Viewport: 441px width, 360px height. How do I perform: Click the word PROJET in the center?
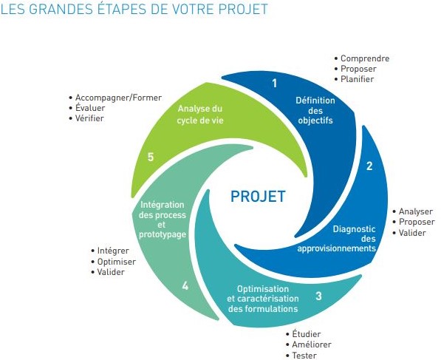[x=258, y=196]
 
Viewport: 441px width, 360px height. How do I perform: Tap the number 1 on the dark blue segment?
[x=275, y=84]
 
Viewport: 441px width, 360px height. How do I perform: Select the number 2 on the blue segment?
[x=369, y=166]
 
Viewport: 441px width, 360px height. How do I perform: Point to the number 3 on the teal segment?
[x=318, y=296]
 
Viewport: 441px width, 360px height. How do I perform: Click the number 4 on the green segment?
[x=185, y=286]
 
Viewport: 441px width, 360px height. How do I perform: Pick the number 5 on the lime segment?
[x=151, y=157]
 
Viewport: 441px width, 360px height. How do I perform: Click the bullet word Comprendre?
[x=365, y=58]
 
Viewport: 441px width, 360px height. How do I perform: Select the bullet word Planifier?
[x=357, y=79]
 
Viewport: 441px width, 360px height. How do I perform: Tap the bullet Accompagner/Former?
[x=118, y=98]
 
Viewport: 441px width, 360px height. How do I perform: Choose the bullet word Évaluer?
[x=90, y=108]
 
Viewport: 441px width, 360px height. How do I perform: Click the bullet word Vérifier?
[x=89, y=118]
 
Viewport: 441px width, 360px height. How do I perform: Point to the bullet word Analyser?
[x=416, y=211]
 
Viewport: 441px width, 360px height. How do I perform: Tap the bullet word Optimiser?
[x=117, y=262]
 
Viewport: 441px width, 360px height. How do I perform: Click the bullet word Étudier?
[x=307, y=334]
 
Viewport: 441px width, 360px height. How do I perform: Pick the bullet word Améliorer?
[x=312, y=344]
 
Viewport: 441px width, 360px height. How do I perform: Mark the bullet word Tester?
[x=304, y=356]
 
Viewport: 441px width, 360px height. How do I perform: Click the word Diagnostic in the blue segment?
[x=354, y=229]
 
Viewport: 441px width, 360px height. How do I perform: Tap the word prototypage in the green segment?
[x=163, y=235]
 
